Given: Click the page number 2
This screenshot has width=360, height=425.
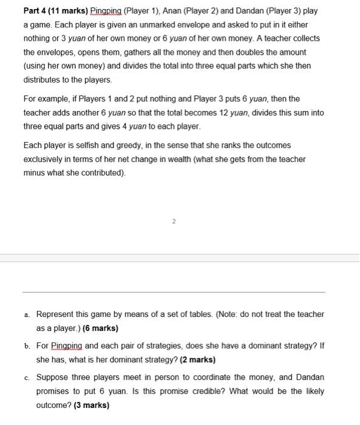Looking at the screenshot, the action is click(173, 222).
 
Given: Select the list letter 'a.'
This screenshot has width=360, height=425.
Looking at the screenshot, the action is click(27, 314).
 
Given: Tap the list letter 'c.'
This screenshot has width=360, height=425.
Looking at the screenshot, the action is click(27, 378).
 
